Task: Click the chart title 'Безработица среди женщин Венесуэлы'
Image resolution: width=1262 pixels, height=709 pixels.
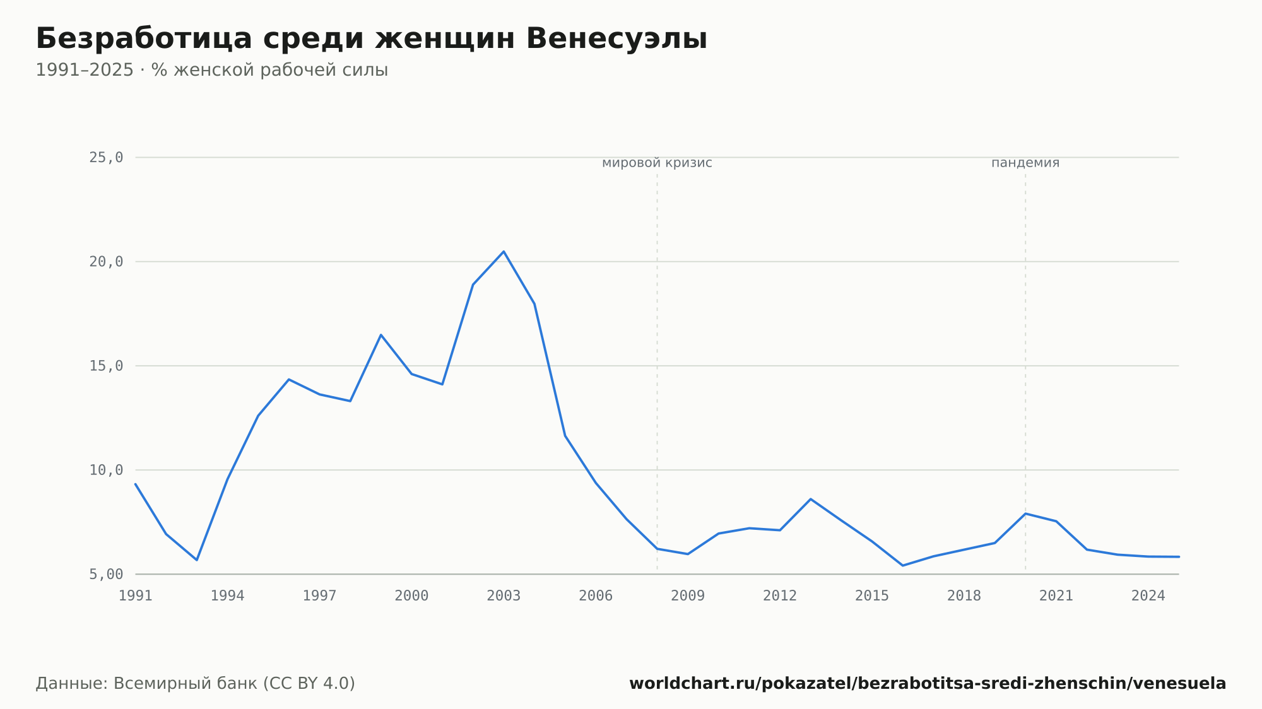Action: tap(372, 39)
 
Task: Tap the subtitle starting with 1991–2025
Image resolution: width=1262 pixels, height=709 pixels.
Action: tap(212, 70)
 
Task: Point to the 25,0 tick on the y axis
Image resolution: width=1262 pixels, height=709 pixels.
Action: tap(106, 158)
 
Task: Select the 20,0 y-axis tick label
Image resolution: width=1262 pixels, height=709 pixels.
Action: tap(106, 262)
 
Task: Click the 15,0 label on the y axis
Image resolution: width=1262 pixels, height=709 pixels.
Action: tap(106, 366)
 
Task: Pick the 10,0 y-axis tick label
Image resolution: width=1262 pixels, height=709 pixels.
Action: tap(106, 470)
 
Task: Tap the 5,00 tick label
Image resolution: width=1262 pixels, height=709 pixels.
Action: tap(106, 574)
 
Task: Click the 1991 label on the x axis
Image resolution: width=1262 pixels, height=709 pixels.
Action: tap(136, 596)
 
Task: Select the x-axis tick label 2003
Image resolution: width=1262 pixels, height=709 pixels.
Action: tap(504, 596)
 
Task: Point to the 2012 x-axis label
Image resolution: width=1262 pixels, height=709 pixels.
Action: tap(780, 596)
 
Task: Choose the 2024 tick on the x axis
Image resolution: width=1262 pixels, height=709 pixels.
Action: tap(1148, 596)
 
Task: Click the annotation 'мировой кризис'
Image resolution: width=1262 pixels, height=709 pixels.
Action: tap(657, 163)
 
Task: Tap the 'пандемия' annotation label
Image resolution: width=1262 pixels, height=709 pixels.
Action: tap(1025, 163)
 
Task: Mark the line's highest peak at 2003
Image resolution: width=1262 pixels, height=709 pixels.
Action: tap(504, 252)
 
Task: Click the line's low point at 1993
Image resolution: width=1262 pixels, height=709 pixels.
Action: tap(197, 560)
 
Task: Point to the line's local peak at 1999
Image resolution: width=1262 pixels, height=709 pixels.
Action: tap(381, 335)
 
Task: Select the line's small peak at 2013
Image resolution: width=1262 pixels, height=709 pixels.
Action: tap(811, 499)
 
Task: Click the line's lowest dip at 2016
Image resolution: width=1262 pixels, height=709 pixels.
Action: tap(903, 565)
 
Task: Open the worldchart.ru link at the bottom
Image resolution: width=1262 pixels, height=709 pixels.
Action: tap(928, 684)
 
